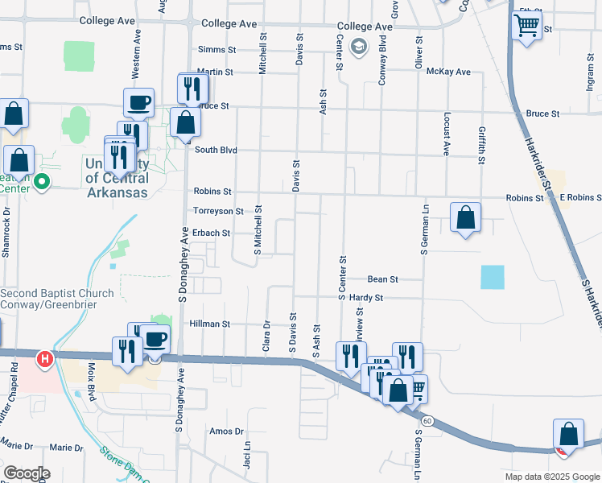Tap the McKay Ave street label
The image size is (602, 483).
click(449, 72)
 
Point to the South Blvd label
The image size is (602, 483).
click(216, 149)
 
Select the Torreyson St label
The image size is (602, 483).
click(218, 211)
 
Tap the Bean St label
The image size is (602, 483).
click(382, 279)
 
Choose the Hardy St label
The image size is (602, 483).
click(366, 298)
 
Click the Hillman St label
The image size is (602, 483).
click(210, 324)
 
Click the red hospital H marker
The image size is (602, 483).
click(46, 357)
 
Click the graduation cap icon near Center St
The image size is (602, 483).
click(359, 47)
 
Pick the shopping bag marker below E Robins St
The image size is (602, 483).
click(465, 217)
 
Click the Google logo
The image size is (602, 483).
click(27, 473)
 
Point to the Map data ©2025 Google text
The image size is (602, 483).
click(551, 477)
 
